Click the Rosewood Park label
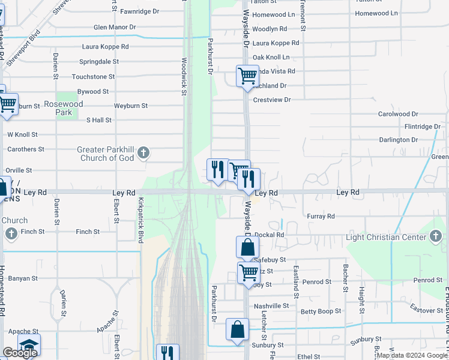click(64, 108)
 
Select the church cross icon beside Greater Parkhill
click(143, 154)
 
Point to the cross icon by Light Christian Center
click(436, 237)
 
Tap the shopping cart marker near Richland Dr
click(247, 76)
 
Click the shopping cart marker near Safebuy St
click(248, 273)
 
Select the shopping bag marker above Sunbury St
click(237, 329)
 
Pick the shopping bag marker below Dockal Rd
click(247, 247)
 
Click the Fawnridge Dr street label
click(139, 11)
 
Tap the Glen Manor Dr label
click(115, 27)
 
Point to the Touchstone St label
click(93, 77)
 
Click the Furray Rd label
click(321, 216)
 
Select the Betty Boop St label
click(321, 311)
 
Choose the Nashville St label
click(271, 306)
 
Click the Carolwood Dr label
click(398, 114)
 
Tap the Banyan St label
click(23, 278)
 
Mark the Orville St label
click(19, 170)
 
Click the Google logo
click(20, 353)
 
